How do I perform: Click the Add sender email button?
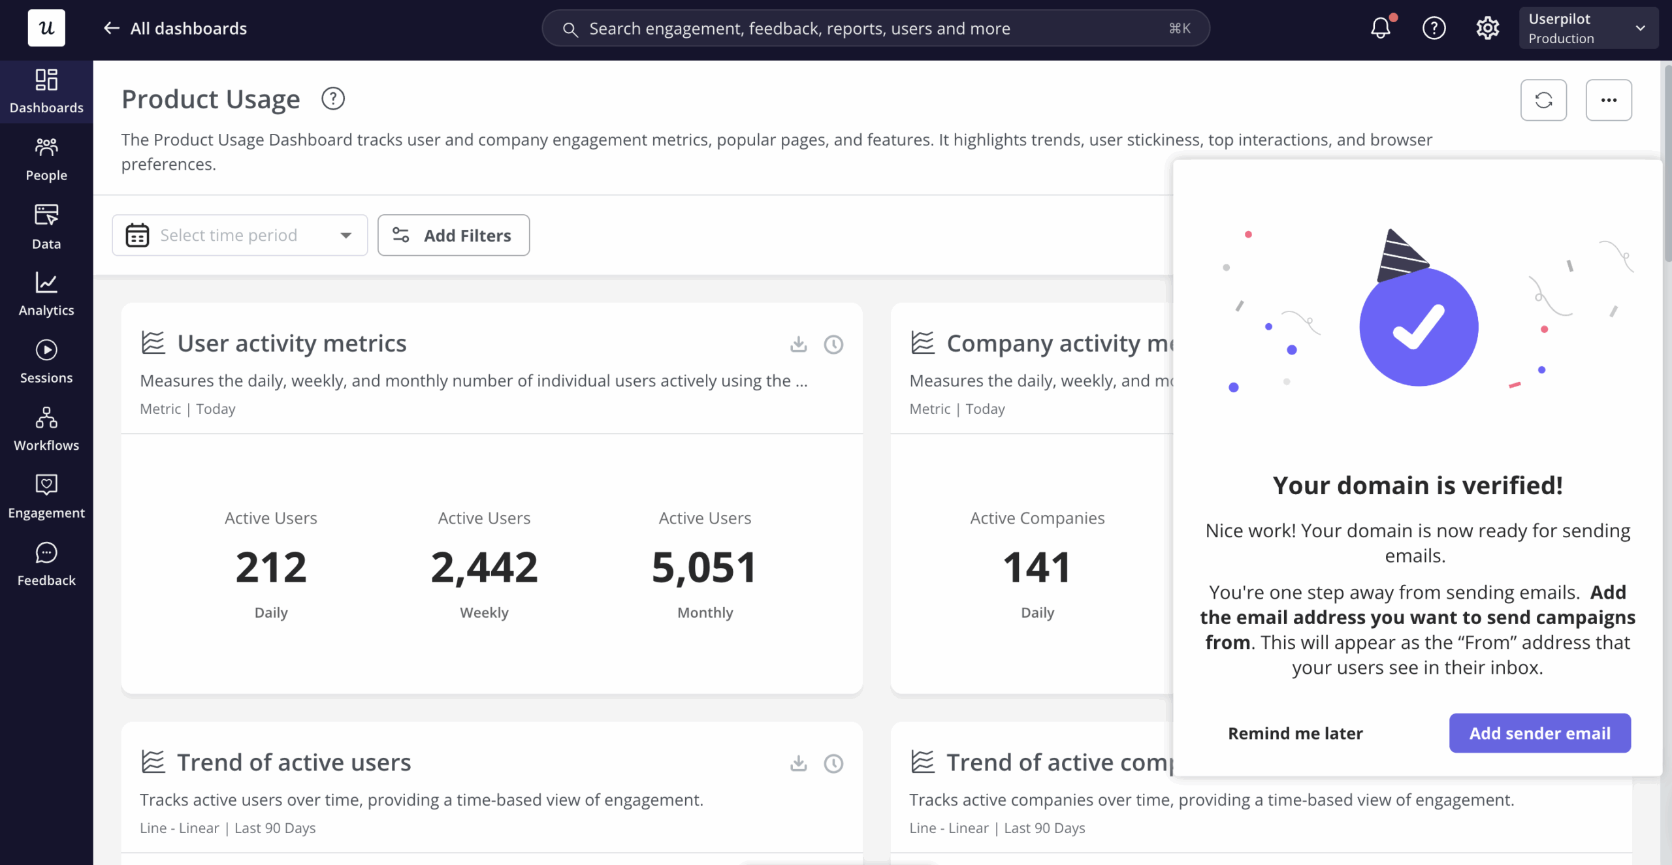coord(1539,732)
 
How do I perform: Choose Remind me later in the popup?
coord(1295,733)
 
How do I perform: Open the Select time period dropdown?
coord(240,235)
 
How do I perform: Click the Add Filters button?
coord(453,235)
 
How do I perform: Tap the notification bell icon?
coord(1381,27)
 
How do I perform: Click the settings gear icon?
coord(1487,28)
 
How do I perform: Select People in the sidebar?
coord(46,159)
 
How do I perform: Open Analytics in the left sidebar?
coord(46,294)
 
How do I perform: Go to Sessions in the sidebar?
coord(46,362)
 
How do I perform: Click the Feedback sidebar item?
coord(46,564)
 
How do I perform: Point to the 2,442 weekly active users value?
coord(484,567)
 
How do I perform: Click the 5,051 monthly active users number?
coord(705,567)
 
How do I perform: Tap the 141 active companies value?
coord(1037,567)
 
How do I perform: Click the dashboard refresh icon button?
coord(1543,100)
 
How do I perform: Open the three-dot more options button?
coord(1609,100)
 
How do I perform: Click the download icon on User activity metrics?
coord(798,343)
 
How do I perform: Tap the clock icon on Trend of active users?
coord(833,763)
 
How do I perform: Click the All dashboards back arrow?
coord(112,28)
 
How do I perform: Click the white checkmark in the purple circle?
coord(1419,327)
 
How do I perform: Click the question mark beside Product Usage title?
coord(333,99)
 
